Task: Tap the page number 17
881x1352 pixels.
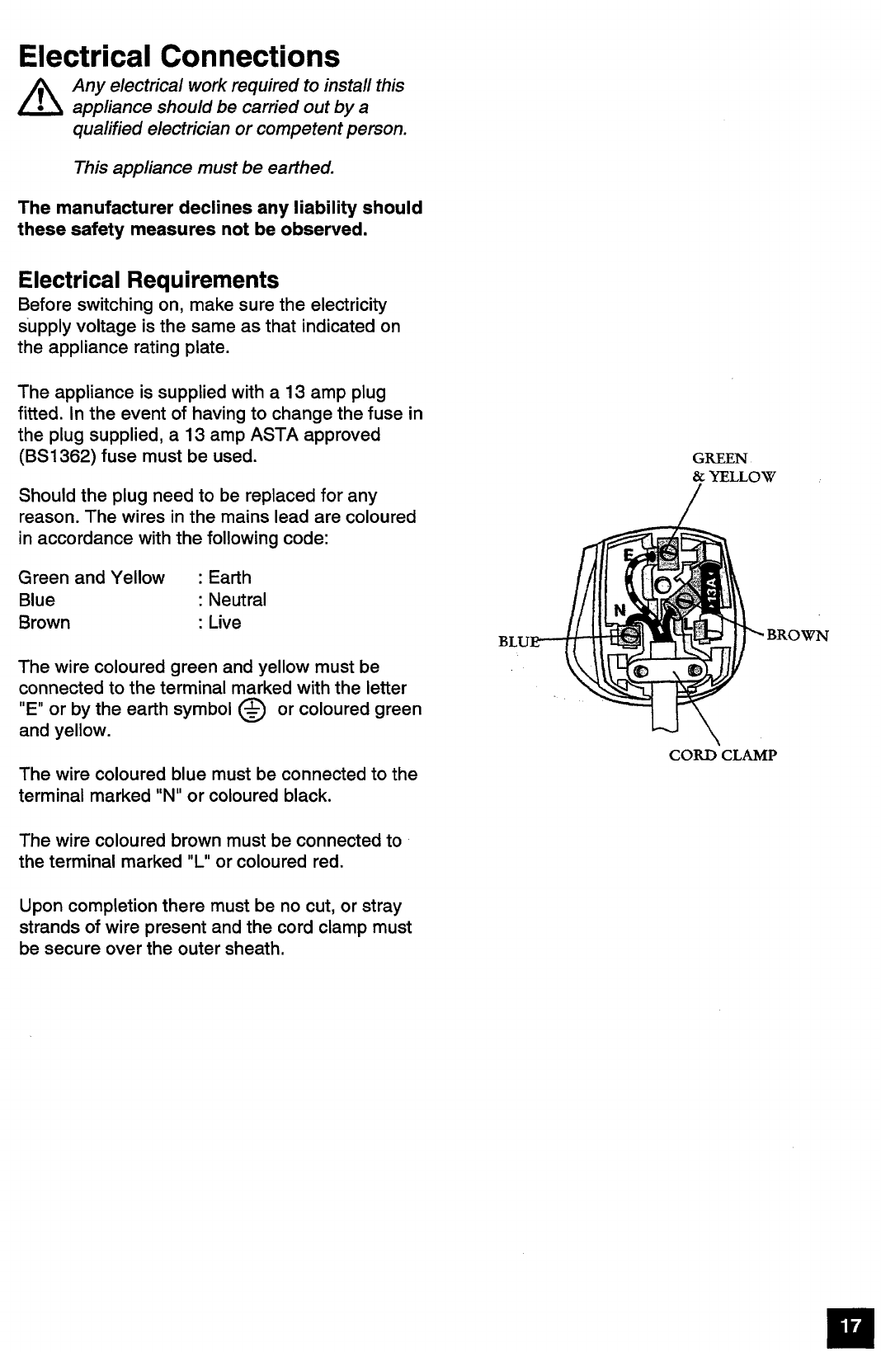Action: [850, 1325]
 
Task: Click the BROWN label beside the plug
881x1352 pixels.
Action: [797, 635]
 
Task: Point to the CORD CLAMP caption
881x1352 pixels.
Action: [723, 755]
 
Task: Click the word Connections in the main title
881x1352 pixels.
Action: [250, 56]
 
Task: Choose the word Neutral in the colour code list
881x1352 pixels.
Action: [237, 600]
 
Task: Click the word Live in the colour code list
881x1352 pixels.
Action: [224, 622]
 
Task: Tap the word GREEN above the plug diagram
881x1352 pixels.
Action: [719, 458]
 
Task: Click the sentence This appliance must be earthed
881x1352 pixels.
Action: [204, 167]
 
